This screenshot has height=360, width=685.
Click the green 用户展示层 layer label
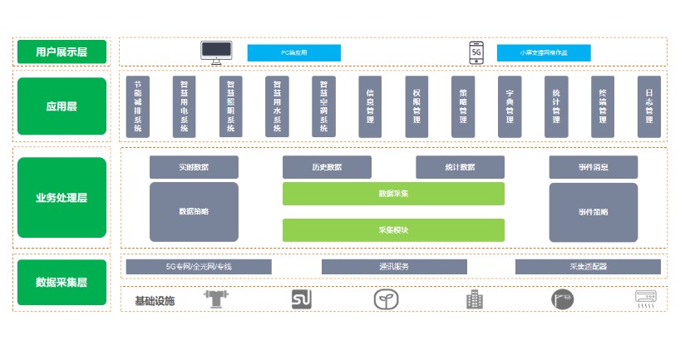tap(62, 52)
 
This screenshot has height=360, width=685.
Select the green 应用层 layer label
tap(62, 106)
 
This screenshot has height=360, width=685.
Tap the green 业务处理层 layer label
tap(62, 198)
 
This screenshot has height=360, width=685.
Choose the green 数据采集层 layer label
tap(62, 283)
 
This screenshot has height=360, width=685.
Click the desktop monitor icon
tap(216, 52)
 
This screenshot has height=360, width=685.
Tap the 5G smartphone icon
tap(476, 52)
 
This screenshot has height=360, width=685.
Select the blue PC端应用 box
tap(293, 52)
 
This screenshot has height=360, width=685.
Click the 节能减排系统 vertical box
tap(138, 106)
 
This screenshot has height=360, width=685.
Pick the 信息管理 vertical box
tap(370, 106)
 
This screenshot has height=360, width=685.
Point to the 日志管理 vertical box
tap(649, 106)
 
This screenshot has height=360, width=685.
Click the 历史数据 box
tap(327, 167)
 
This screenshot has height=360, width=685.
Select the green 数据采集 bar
tap(393, 193)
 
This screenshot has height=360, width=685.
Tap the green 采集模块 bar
tap(393, 229)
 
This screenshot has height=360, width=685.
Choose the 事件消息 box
tap(593, 167)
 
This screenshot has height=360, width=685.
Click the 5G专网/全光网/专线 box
tap(199, 267)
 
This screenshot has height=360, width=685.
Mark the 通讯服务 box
tap(393, 267)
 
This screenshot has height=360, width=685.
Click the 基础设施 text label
tap(155, 300)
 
